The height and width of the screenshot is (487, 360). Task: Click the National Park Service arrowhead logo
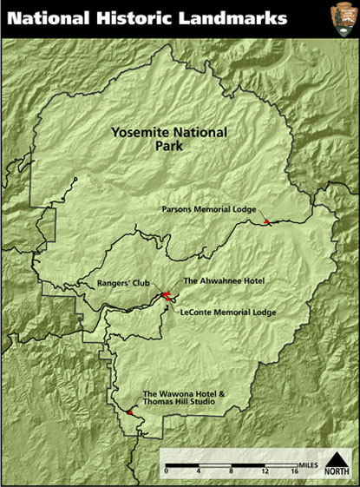click(341, 17)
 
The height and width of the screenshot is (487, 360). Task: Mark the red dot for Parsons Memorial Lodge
click(267, 223)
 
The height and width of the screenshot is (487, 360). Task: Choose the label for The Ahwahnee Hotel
click(223, 281)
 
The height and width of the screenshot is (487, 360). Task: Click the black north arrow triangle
click(337, 458)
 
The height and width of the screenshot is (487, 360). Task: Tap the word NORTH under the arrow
click(337, 473)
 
